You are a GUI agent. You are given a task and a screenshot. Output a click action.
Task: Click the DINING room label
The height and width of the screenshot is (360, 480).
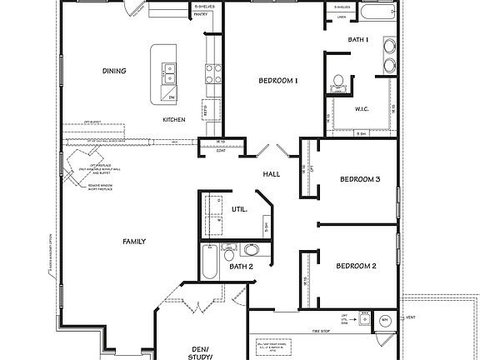coord(114,71)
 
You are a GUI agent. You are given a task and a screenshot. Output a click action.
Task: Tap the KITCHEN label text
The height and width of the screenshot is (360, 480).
coord(174,120)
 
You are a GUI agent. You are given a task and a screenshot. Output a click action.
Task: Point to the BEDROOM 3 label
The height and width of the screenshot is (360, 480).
coord(359,179)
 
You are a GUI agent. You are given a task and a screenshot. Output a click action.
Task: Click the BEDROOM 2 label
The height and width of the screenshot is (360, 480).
coord(356,266)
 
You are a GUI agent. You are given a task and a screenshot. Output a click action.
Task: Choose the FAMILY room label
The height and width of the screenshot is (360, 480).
coord(134,242)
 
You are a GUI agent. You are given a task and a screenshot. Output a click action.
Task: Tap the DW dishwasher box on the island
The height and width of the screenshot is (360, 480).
coord(172,97)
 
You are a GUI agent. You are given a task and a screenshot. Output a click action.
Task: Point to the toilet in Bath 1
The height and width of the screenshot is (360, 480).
coord(338,82)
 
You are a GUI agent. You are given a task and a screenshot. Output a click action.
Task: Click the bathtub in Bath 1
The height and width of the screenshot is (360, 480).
coord(378,12)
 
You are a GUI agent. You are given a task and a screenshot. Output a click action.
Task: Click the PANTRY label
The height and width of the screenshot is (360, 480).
coord(201,14)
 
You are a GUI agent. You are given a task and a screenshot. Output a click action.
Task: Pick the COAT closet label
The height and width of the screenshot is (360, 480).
coord(220,151)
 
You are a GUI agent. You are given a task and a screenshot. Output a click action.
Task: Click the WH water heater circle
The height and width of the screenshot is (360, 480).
coord(385,320)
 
